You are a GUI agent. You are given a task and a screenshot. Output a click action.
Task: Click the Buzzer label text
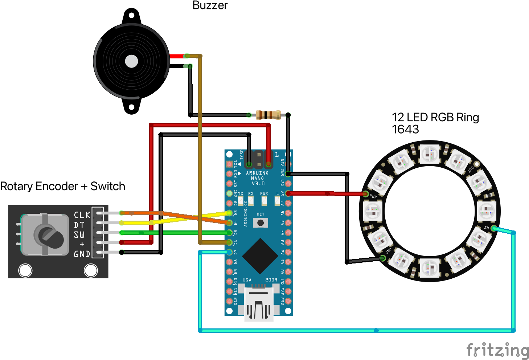point(210,5)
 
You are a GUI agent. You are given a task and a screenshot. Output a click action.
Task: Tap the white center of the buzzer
point(131,61)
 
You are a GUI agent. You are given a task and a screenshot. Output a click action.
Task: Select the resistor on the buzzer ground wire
point(268,115)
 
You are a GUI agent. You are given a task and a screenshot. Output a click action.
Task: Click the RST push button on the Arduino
point(261,223)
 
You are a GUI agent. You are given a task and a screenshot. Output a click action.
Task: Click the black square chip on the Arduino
point(260,256)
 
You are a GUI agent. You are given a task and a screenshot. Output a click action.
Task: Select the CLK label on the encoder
point(82,215)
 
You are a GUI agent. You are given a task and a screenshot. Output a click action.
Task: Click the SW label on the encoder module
point(79,235)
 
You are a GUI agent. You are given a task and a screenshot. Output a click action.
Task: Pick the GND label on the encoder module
point(82,254)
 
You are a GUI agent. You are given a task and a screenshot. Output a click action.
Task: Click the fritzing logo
point(497,351)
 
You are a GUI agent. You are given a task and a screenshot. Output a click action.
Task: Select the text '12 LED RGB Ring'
point(435,117)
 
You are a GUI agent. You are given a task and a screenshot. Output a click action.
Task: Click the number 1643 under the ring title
point(405,129)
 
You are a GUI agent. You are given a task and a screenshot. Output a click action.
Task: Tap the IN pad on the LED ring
point(493,229)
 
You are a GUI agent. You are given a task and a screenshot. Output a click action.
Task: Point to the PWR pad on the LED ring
point(365,194)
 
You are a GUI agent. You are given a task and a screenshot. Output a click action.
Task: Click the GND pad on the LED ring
point(383,258)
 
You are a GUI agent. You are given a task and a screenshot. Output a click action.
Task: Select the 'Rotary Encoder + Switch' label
point(63,186)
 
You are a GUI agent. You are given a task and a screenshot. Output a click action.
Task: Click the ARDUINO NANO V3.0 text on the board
point(258,178)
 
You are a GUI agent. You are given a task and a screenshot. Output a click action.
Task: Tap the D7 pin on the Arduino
point(229,252)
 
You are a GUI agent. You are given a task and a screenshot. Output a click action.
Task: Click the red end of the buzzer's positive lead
point(177,56)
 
